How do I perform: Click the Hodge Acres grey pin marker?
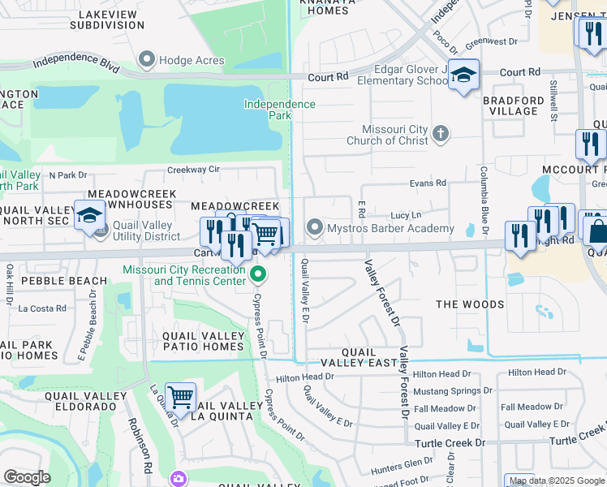coord(147,58)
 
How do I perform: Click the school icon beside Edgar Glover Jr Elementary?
coord(463,75)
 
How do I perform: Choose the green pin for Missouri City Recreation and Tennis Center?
coord(258,274)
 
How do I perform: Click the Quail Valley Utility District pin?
coord(101,231)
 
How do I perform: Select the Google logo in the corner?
coord(27,477)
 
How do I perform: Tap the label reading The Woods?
coord(470,304)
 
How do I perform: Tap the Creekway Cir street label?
coord(193,170)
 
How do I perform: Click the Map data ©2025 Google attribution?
coord(556,481)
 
